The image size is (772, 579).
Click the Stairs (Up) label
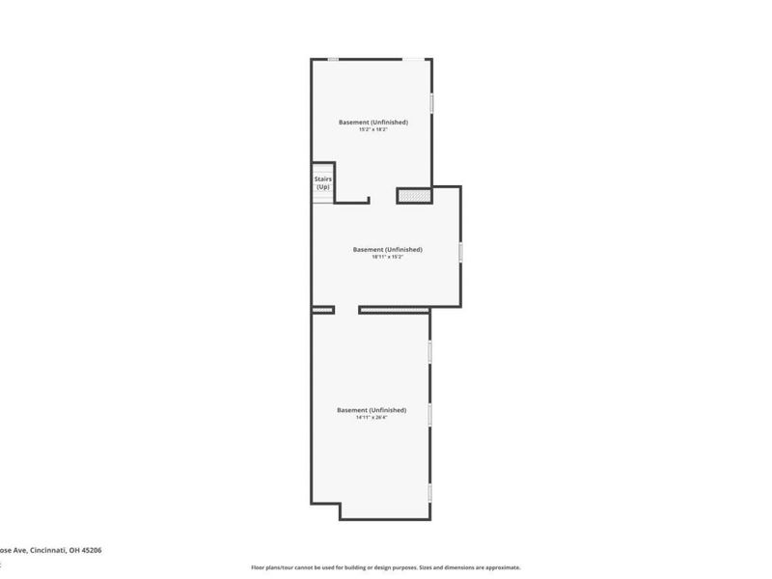coord(322,181)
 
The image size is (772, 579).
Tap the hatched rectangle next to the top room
coord(414,196)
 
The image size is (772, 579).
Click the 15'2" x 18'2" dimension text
coord(372,130)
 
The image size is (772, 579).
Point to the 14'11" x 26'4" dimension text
coord(372,418)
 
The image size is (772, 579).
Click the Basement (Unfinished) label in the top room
coord(372,122)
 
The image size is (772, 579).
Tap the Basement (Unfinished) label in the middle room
coord(387,249)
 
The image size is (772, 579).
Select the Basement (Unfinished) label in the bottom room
coord(372,410)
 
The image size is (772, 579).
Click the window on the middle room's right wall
coord(460,252)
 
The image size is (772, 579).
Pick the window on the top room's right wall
coord(431,101)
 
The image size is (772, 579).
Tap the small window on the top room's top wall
coord(333,60)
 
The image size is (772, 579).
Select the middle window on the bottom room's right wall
coord(430,415)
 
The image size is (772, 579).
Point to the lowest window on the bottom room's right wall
coord(430,492)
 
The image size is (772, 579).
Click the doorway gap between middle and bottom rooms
coord(346,310)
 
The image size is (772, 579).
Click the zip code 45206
coord(91,550)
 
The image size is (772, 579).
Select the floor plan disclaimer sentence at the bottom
coord(385,567)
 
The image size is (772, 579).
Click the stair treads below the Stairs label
coord(322,196)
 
